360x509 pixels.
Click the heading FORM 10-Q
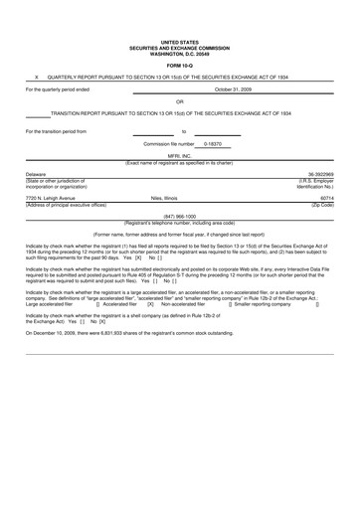click(179, 67)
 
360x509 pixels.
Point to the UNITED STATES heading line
click(179, 41)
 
